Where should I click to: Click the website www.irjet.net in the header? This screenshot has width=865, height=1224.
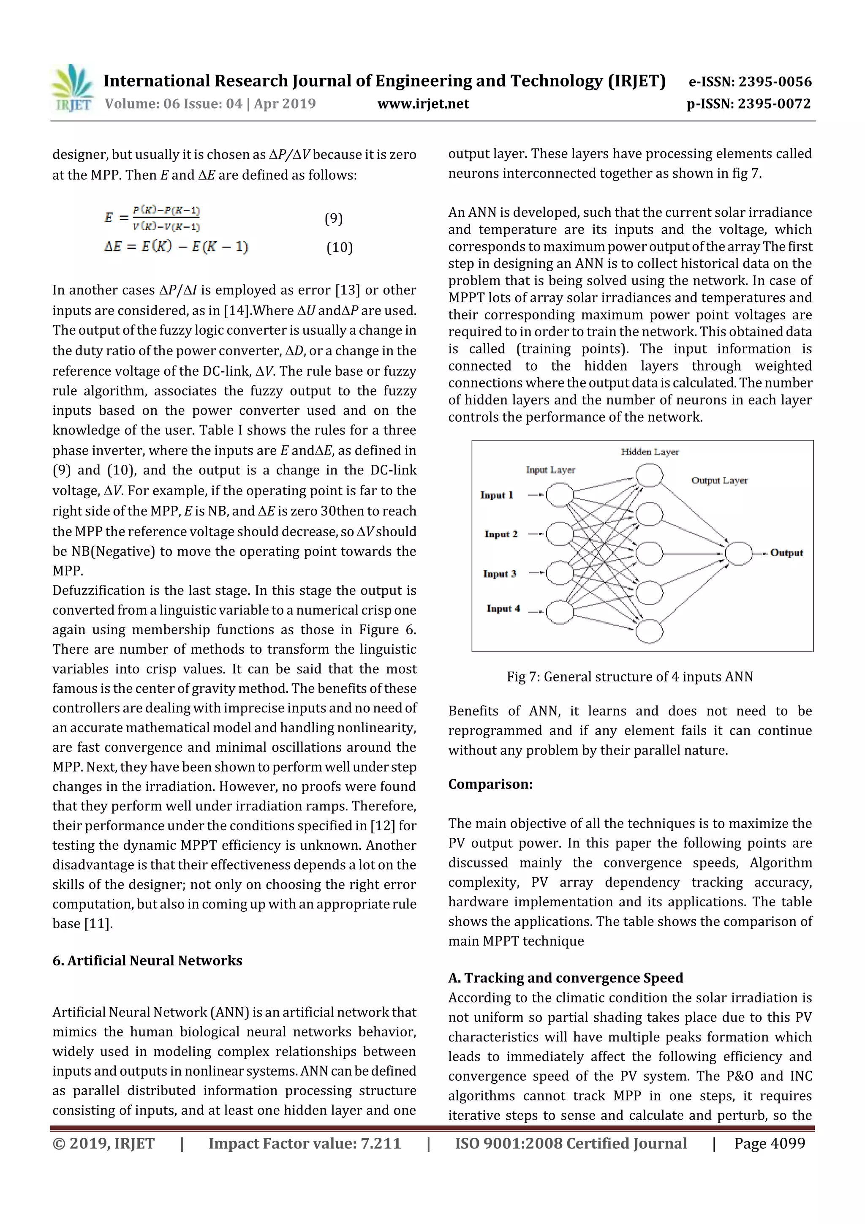[423, 104]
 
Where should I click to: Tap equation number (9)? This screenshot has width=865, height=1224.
[334, 218]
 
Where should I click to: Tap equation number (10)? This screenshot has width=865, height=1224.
[340, 247]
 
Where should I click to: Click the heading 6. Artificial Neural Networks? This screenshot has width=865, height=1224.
[147, 961]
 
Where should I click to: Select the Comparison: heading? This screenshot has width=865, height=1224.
[490, 784]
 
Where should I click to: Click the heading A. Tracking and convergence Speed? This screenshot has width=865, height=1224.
[566, 978]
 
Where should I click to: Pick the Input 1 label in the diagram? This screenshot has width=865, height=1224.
[497, 495]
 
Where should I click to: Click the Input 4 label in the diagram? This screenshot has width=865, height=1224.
[503, 609]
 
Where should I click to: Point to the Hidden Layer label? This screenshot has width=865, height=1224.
[650, 452]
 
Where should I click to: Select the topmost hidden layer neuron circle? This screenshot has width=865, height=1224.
[649, 475]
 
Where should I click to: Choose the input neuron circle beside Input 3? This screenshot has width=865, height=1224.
[560, 573]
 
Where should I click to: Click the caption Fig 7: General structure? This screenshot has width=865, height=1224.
[629, 676]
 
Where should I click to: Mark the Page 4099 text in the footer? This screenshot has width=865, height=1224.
[769, 1143]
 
